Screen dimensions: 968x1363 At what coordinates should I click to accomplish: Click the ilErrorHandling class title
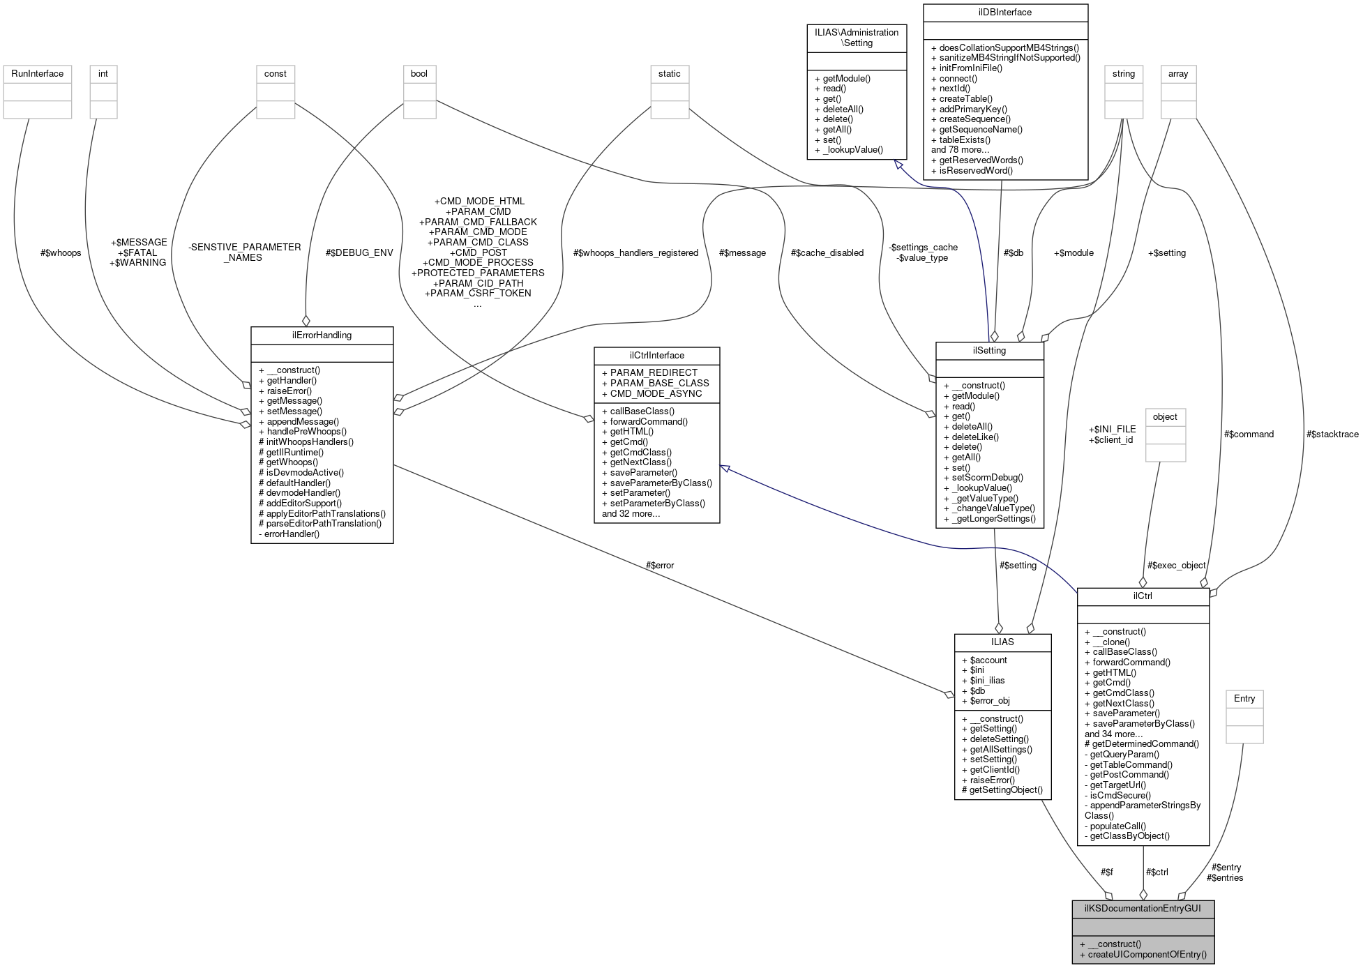[x=322, y=335]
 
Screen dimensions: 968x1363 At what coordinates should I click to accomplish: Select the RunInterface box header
[x=37, y=73]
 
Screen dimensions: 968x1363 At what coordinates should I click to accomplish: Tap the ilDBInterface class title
[x=1004, y=13]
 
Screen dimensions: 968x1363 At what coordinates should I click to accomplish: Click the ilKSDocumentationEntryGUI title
[x=1143, y=909]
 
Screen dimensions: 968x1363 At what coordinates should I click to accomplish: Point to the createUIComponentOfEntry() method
[x=1147, y=955]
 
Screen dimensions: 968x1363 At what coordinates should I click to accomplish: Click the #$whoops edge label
[x=61, y=252]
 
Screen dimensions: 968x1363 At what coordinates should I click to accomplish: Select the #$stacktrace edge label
[x=1332, y=434]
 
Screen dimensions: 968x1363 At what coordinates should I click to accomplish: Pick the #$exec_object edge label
[x=1176, y=565]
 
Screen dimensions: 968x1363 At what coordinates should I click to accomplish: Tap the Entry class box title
[x=1244, y=698]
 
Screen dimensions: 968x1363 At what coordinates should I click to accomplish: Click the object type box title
[x=1165, y=417]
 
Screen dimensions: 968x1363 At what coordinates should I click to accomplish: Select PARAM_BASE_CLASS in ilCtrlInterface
[x=659, y=383]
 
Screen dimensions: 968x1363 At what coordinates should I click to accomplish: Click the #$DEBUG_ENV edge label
[x=359, y=252]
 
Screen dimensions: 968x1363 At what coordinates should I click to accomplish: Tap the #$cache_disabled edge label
[x=827, y=252]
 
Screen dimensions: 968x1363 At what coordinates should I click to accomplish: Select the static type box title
[x=669, y=73]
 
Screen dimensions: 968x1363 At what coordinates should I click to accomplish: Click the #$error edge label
[x=659, y=565]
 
